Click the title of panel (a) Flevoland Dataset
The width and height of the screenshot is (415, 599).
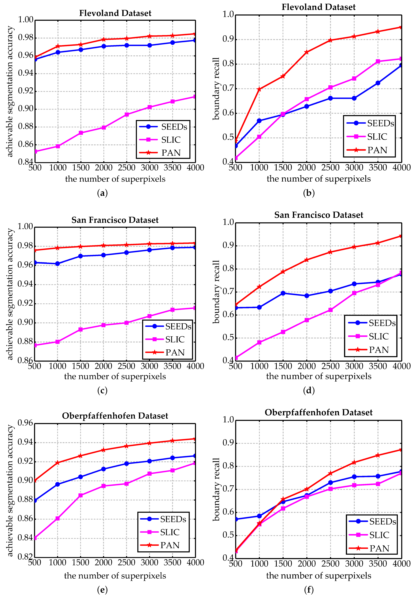click(x=115, y=13)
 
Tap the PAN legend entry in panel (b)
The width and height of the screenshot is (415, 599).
click(x=377, y=150)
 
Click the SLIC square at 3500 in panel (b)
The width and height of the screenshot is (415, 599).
click(x=378, y=61)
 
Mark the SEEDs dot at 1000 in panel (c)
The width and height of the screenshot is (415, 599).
click(x=58, y=264)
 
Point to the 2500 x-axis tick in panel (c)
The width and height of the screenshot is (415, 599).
click(x=126, y=366)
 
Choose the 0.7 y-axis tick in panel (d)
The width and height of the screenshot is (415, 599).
click(x=228, y=292)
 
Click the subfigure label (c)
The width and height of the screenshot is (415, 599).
click(x=102, y=390)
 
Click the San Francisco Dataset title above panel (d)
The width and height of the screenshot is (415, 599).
click(x=319, y=215)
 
